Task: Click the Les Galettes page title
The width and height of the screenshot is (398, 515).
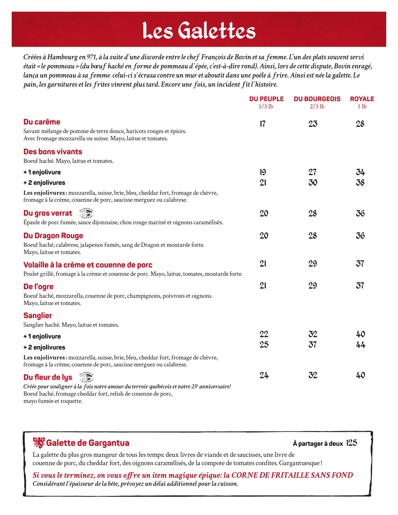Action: coord(199,31)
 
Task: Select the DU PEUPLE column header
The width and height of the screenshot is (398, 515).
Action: coord(266,99)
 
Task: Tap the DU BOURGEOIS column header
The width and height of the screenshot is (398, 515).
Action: coord(317,99)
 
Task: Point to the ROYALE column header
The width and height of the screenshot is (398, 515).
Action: coord(362,99)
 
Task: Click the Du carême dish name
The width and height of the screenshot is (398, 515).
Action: coord(42,122)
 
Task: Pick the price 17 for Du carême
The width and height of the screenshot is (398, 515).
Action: coord(263,124)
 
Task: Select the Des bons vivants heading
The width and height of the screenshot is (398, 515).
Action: coord(53,152)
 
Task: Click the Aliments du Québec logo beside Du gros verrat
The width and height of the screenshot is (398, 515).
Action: coord(87,213)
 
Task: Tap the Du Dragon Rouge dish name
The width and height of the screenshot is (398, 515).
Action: coord(53,236)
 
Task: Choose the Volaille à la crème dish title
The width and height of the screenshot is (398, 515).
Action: coord(88,265)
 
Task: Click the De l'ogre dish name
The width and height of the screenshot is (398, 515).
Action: coord(38,287)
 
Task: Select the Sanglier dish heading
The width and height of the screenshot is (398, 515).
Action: coord(38,316)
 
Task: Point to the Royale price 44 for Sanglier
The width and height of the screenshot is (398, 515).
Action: coord(360,345)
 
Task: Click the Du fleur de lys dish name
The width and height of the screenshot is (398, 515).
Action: coord(48,377)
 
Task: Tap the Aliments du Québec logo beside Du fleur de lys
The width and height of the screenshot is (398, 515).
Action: coord(87,377)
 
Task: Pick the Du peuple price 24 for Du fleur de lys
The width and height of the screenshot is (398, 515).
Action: coord(264,375)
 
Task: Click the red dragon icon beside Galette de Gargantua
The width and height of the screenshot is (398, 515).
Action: coord(39,443)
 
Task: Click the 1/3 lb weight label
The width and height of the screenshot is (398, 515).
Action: coord(266,106)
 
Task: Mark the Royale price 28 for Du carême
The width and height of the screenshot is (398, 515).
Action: coord(360,124)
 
